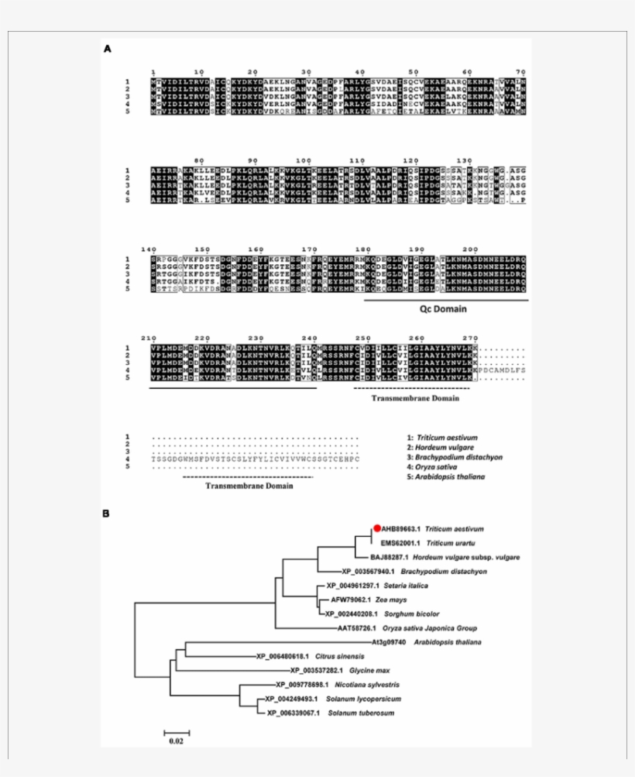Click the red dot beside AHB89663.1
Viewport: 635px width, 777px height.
pyautogui.click(x=377, y=528)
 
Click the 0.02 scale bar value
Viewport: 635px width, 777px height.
pyautogui.click(x=177, y=741)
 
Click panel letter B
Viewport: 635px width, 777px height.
pyautogui.click(x=107, y=513)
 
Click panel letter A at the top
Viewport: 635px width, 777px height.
pyautogui.click(x=107, y=48)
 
